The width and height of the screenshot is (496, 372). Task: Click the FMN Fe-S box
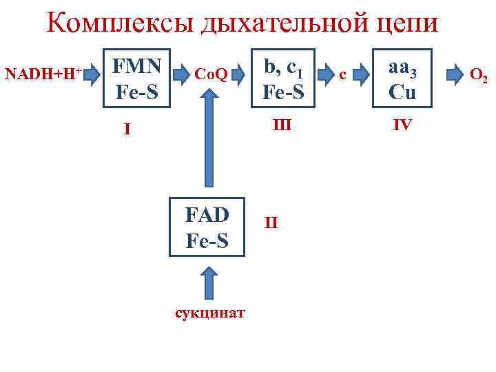pos(137,78)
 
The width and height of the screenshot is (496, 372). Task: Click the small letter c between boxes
pos(345,74)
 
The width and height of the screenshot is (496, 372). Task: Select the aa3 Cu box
pos(402,78)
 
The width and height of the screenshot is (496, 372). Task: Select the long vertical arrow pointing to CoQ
pos(207,145)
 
